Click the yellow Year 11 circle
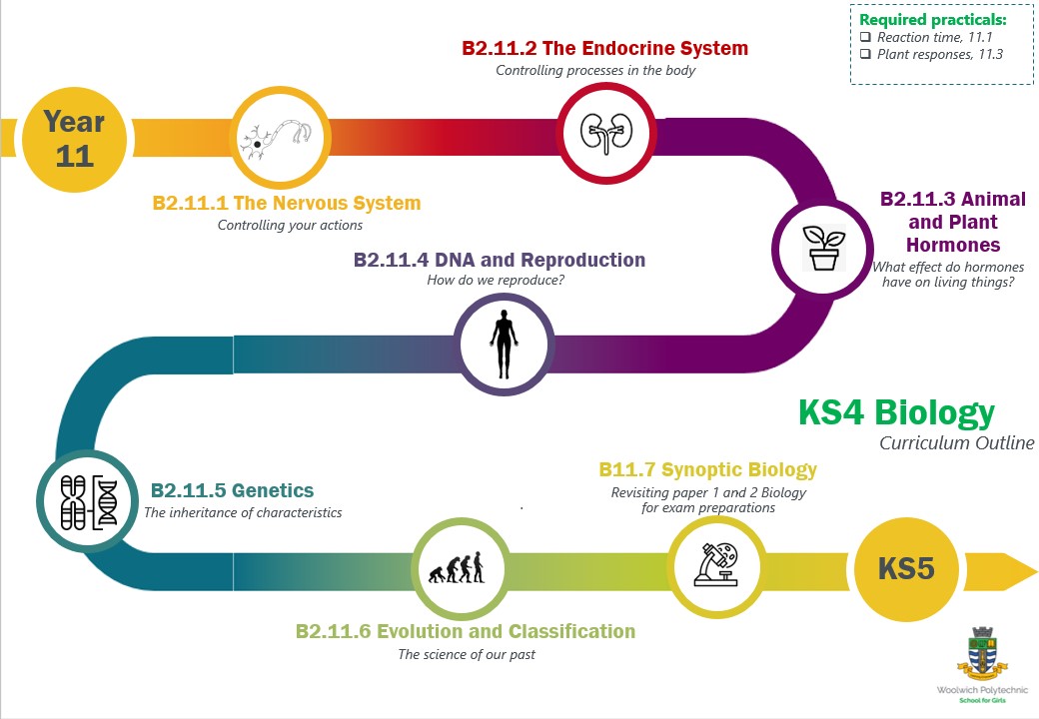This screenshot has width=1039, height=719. (x=75, y=139)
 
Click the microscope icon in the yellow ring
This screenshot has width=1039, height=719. (x=717, y=565)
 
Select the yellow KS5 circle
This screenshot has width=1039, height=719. (x=906, y=569)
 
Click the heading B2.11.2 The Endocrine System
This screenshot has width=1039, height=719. (x=604, y=48)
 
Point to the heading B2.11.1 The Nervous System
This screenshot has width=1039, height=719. (x=287, y=204)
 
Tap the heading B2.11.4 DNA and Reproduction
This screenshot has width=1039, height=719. (x=500, y=260)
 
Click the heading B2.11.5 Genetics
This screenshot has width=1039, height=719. (x=232, y=491)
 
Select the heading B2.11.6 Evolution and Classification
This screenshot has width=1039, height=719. (x=466, y=631)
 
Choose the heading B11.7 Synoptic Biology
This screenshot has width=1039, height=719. (x=707, y=469)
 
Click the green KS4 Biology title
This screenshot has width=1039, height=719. (x=896, y=412)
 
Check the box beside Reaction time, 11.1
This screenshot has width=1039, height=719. (x=865, y=37)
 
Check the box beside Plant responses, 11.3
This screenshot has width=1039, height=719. (x=865, y=54)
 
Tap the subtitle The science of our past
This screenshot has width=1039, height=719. (x=466, y=655)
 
